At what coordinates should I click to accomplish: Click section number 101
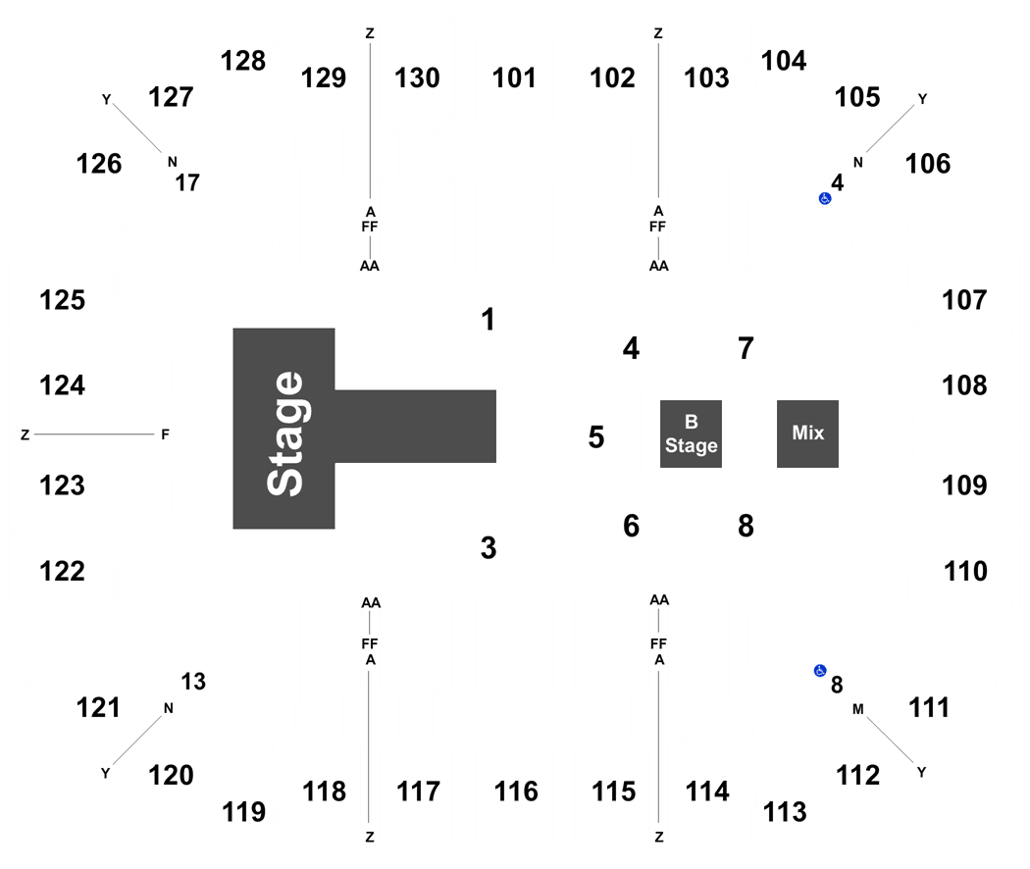(514, 78)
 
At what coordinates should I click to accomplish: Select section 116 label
(516, 792)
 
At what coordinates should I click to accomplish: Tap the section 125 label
(63, 300)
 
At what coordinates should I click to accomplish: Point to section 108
(964, 385)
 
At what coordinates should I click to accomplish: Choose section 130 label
(417, 78)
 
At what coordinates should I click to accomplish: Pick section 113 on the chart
(785, 812)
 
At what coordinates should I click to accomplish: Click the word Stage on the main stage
(285, 434)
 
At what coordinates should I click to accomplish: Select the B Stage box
(691, 434)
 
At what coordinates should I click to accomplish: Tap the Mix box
(807, 434)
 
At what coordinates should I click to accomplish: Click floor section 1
(488, 320)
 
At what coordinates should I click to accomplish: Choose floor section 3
(489, 548)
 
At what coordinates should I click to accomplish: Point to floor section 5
(595, 437)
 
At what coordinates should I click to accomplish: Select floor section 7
(746, 348)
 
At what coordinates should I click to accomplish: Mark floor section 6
(632, 526)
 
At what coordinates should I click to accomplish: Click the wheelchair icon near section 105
(825, 198)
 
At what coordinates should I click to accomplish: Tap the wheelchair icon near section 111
(820, 671)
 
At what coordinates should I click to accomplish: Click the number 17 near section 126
(187, 182)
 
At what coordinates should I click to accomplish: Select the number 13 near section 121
(193, 682)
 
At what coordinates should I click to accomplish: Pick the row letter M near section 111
(858, 709)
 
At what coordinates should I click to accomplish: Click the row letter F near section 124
(165, 434)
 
